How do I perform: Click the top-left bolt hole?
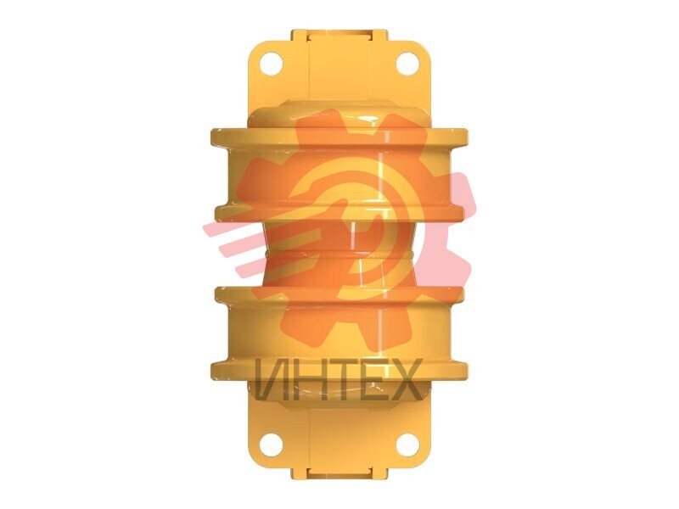tap(271, 64)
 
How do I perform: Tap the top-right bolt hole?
tap(407, 64)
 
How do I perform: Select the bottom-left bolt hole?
tap(271, 445)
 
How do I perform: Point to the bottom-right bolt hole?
tap(407, 445)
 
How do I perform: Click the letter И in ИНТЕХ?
tap(272, 379)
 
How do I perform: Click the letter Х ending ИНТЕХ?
tap(406, 379)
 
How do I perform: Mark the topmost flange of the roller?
tap(339, 137)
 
